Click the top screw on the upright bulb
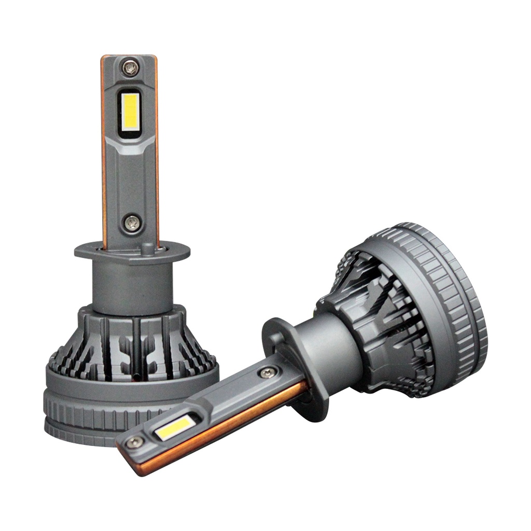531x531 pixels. (x=130, y=68)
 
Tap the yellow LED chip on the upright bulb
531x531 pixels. (x=130, y=112)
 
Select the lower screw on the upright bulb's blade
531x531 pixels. (x=132, y=223)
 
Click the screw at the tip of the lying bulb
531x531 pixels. (x=135, y=442)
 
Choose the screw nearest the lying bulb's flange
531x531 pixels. (x=268, y=371)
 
